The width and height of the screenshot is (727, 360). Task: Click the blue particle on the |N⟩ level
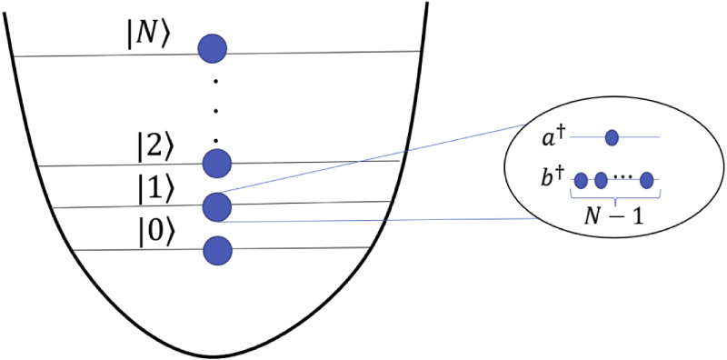tap(214, 47)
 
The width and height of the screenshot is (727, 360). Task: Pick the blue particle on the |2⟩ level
tap(217, 164)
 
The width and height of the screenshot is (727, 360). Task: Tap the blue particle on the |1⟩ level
tap(217, 206)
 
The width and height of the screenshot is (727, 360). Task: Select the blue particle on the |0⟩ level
tap(217, 249)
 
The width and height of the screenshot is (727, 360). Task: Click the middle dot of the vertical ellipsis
tap(216, 111)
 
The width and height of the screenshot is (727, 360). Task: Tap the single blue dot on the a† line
tap(612, 137)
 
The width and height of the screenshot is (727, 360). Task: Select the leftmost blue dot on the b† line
tap(581, 180)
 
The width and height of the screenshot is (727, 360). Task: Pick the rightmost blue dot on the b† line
tap(647, 180)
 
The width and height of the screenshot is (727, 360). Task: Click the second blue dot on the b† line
tap(601, 180)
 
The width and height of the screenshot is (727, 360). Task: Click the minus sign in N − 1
tap(614, 218)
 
